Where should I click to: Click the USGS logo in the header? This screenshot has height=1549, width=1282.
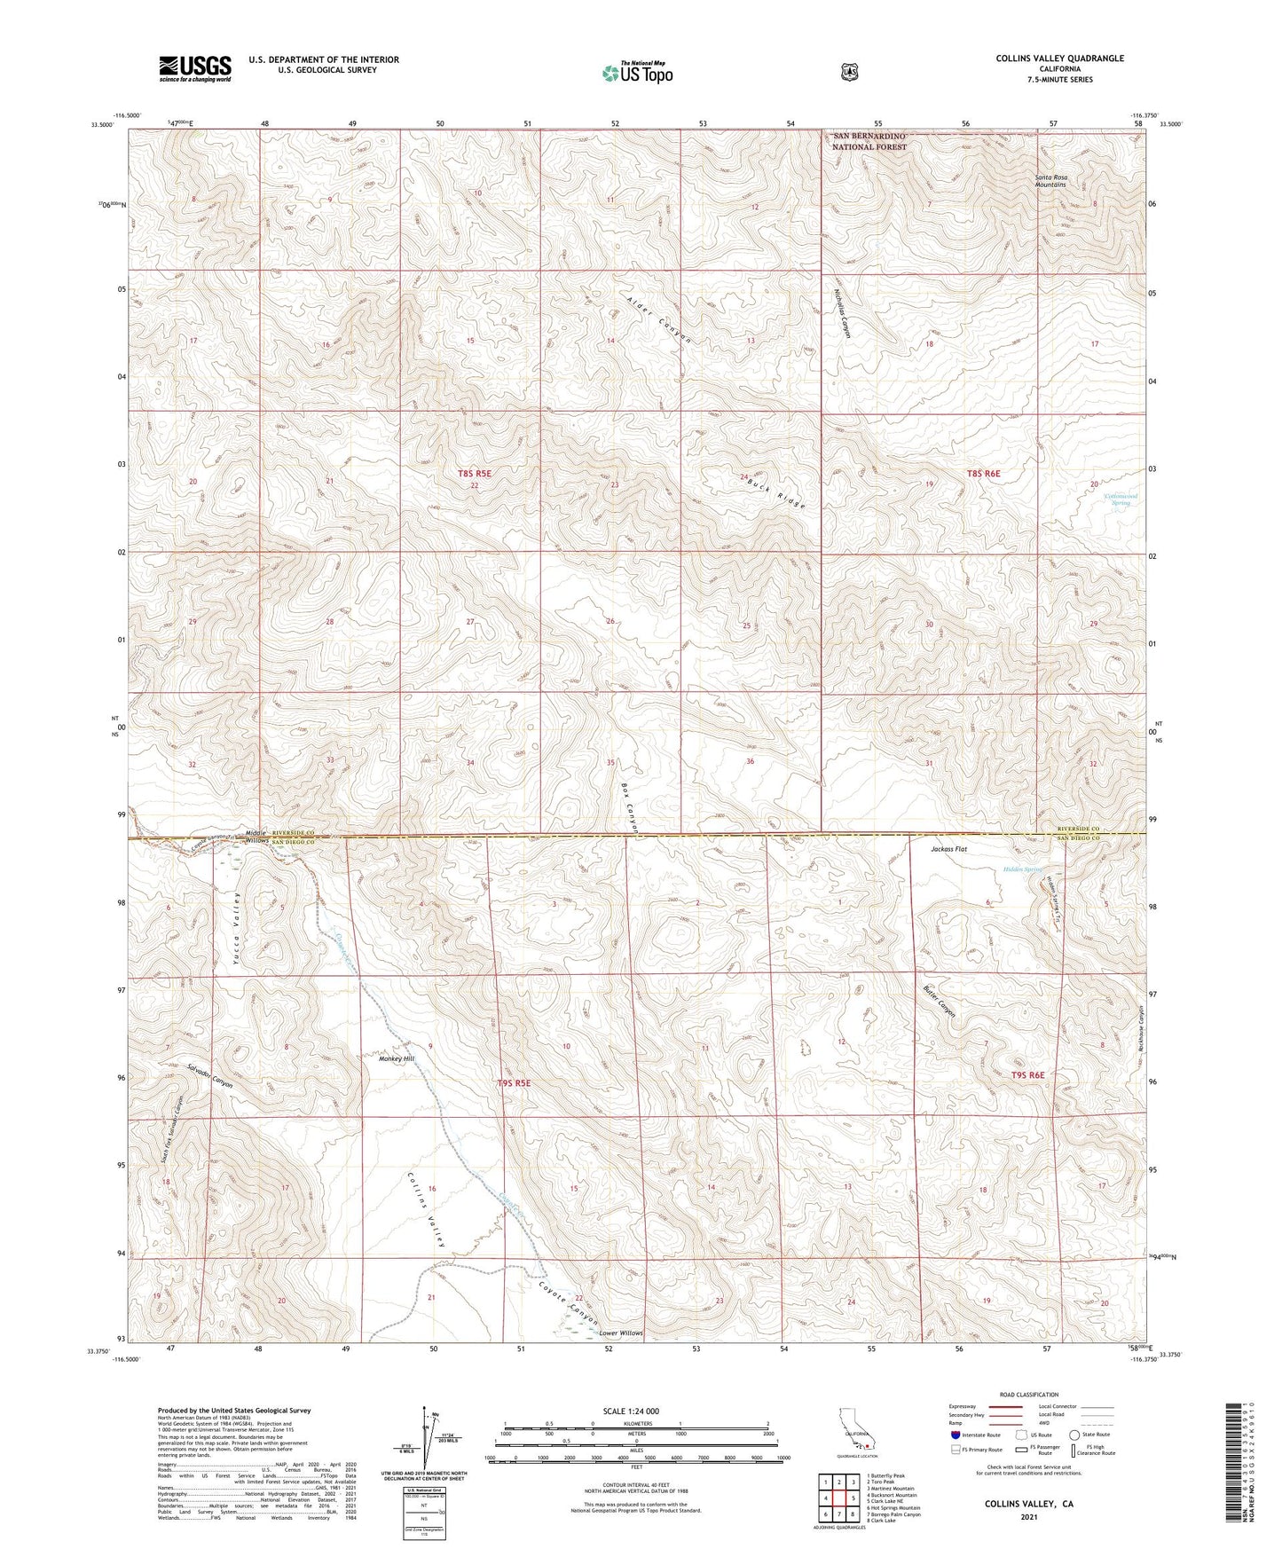(195, 67)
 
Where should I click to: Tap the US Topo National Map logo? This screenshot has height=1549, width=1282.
(636, 73)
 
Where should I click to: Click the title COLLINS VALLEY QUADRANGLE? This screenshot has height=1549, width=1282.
(1059, 59)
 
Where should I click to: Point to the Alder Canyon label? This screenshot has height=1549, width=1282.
(658, 319)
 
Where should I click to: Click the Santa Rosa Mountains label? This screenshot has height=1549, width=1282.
(1050, 182)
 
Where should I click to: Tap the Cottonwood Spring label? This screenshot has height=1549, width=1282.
(1121, 499)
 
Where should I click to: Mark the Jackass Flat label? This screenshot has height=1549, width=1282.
(948, 849)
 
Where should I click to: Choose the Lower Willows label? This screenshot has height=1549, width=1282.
(620, 1333)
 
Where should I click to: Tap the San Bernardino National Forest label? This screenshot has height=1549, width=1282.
(869, 141)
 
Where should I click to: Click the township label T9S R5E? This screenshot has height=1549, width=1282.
(514, 1083)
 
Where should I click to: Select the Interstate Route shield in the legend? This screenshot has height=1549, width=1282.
(955, 1435)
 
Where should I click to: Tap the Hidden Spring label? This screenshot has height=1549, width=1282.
(1022, 869)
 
